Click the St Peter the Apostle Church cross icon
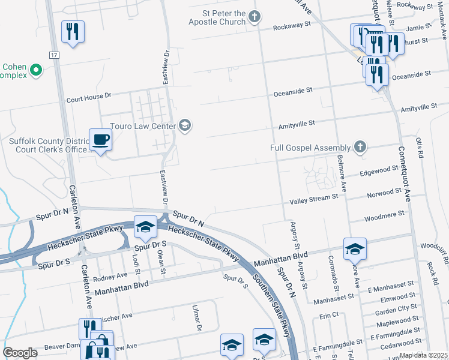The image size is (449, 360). [255, 16]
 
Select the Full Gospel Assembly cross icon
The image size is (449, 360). [360, 147]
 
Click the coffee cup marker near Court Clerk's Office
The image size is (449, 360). [101, 140]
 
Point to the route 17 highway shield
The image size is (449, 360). [54, 55]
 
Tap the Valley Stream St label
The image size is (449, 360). [315, 201]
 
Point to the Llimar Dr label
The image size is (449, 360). [196, 316]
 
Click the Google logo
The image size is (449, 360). [20, 353]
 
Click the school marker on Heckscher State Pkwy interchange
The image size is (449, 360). [145, 227]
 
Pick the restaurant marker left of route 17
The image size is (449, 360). [73, 32]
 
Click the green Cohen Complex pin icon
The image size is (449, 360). [36, 70]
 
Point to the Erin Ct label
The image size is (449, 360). [330, 315]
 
